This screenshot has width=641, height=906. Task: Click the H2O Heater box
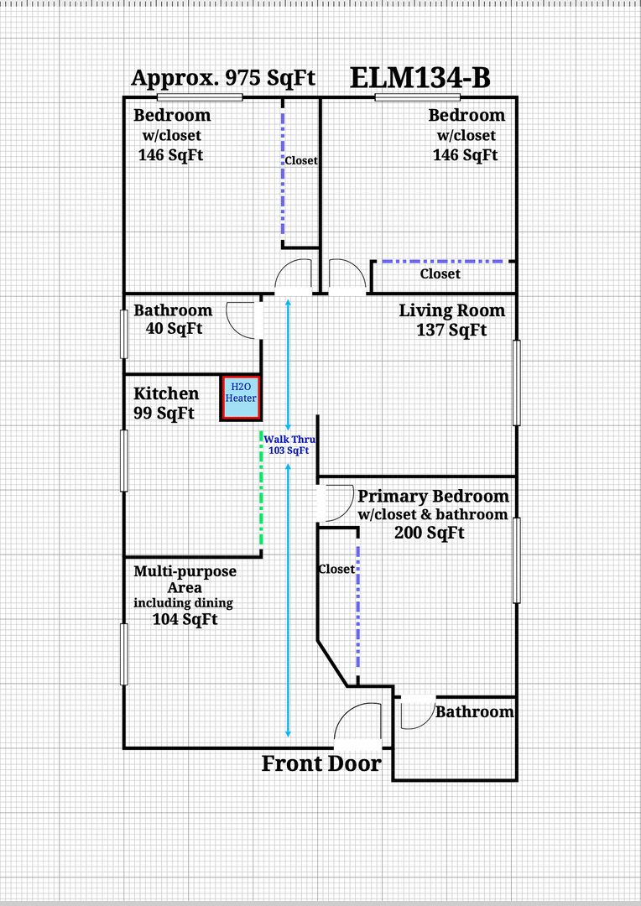coord(240,398)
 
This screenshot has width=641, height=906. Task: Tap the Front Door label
coord(321,764)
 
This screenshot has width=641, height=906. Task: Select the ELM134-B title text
coord(420,78)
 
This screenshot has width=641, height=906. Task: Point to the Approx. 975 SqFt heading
coord(223,78)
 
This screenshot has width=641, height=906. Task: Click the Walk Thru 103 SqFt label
coord(287,445)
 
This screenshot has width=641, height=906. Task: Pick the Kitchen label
coord(166,393)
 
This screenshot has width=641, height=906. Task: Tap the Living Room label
coord(451,310)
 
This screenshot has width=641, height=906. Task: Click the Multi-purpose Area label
coord(185,579)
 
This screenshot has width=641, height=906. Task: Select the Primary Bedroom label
coord(433,496)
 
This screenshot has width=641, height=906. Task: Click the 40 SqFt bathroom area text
coord(174,329)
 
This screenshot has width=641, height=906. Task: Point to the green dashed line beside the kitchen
coord(261,491)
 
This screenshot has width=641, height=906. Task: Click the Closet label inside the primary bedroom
coord(336,569)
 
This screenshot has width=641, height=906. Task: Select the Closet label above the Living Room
coord(440,273)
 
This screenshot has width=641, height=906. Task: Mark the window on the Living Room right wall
coord(517,382)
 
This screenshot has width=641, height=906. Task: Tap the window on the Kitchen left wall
coord(124,460)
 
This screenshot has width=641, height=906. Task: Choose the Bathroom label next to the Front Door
coord(474,712)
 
